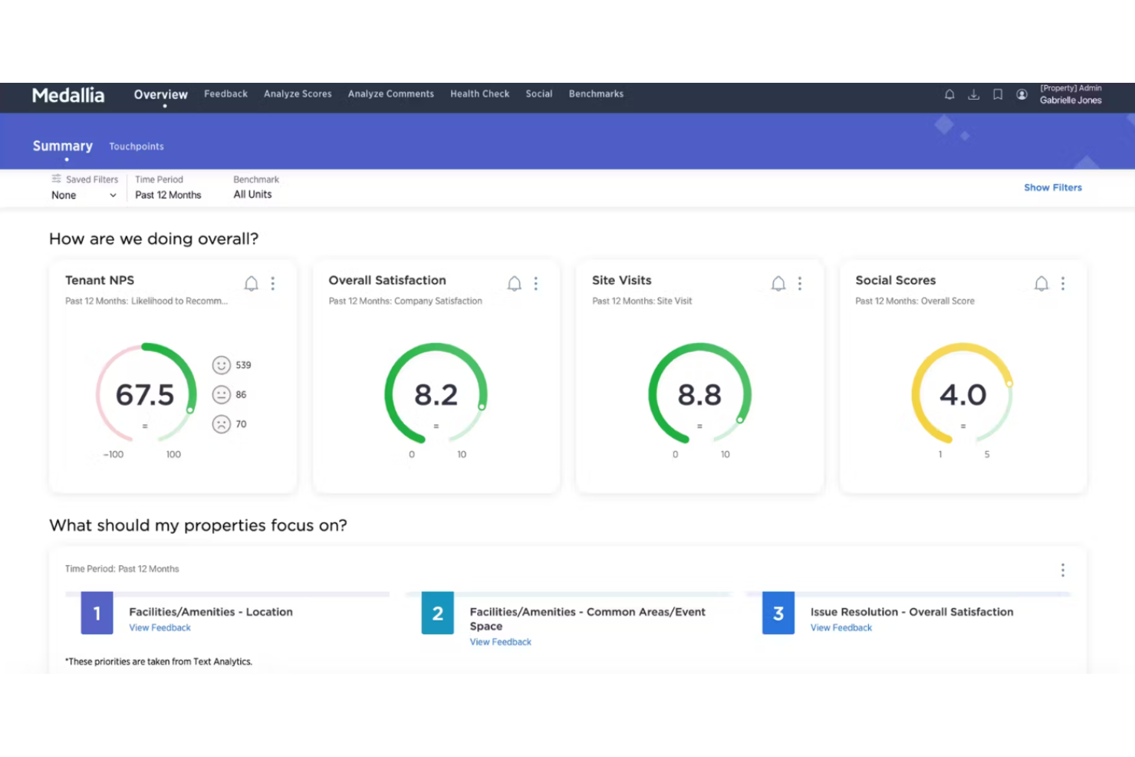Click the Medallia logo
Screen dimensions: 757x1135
coord(68,95)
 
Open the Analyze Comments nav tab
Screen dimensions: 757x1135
coord(390,94)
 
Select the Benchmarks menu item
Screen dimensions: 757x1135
coord(596,94)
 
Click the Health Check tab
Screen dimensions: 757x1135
coord(479,94)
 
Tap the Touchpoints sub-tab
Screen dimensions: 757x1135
coord(136,146)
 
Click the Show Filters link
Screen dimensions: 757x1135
coord(1052,187)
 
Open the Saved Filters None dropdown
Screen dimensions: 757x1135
coord(84,195)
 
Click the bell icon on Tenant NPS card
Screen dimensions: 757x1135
coord(251,284)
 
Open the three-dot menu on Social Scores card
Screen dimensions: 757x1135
coord(1062,284)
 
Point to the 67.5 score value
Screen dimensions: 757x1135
coord(145,395)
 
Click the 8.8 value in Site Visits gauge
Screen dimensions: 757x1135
coord(699,395)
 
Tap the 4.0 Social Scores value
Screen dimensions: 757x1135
coord(962,395)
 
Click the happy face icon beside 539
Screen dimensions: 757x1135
coord(221,365)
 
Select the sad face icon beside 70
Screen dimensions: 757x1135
coord(221,424)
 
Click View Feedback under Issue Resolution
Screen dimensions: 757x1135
coord(841,627)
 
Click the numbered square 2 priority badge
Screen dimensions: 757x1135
coord(437,613)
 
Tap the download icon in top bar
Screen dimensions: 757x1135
coord(973,94)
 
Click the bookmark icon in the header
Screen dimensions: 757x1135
coord(997,94)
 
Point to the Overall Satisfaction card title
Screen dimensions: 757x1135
coord(387,280)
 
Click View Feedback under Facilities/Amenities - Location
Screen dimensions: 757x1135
coord(160,627)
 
